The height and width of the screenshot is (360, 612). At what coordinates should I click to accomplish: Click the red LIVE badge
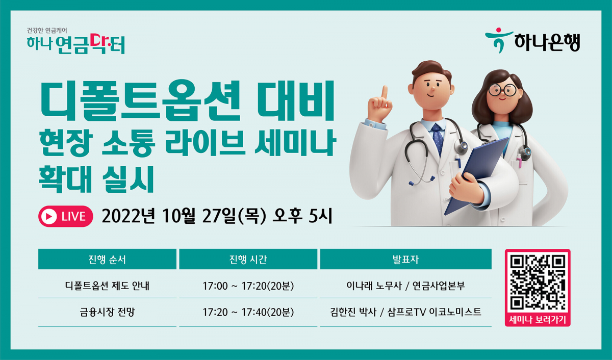(x=65, y=216)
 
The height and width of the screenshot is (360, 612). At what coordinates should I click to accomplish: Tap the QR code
(x=538, y=282)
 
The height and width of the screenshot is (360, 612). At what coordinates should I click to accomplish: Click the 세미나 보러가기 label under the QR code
(x=538, y=320)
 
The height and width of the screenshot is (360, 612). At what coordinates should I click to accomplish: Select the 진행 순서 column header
(x=107, y=259)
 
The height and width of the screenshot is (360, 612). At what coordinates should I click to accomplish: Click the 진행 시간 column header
(x=248, y=259)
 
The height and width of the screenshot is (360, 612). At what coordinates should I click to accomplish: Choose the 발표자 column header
(x=405, y=259)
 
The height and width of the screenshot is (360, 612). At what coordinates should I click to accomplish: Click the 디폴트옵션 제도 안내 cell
(x=107, y=286)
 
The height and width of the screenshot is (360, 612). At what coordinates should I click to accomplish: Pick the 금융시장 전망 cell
(x=107, y=312)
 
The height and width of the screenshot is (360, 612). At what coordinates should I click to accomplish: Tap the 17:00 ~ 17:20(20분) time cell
(x=248, y=286)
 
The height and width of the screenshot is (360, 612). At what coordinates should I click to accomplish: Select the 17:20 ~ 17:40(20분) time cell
(x=248, y=312)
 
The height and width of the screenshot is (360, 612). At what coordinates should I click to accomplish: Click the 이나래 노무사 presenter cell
(x=405, y=286)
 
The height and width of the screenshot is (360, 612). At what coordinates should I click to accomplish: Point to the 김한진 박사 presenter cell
(x=405, y=312)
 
